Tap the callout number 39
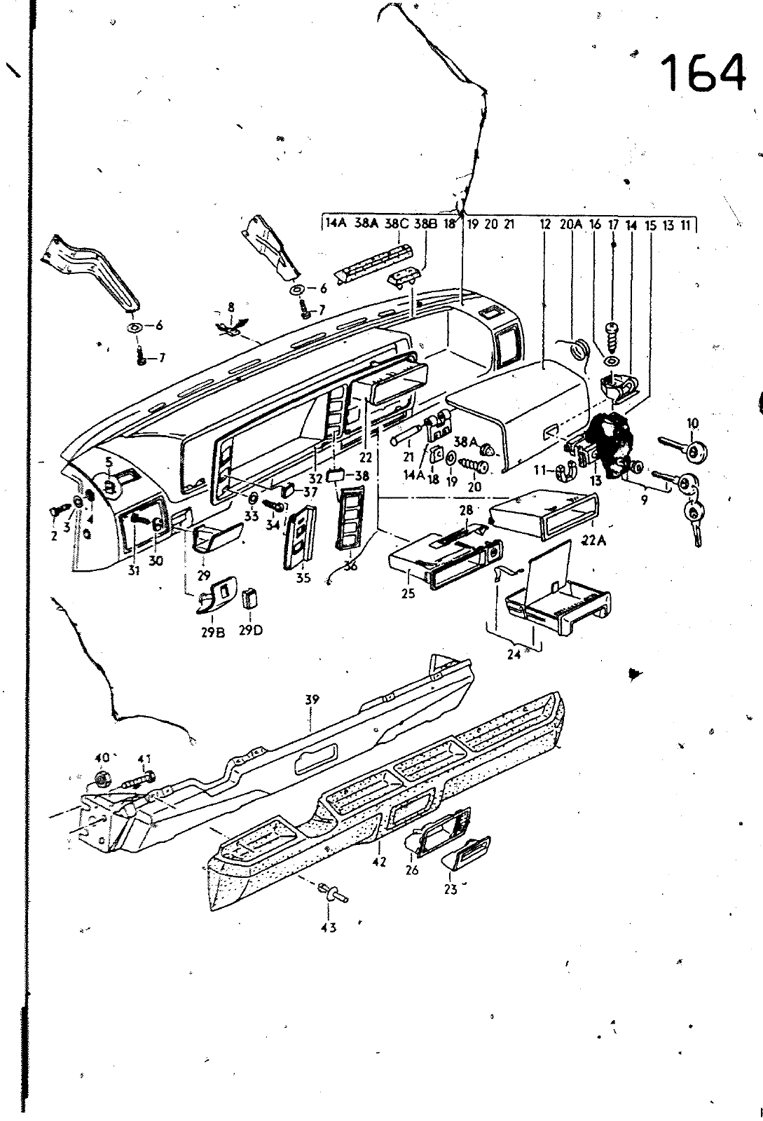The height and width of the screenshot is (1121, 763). click(312, 699)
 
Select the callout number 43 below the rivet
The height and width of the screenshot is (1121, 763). click(329, 928)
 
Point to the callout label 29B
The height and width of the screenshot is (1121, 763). click(212, 629)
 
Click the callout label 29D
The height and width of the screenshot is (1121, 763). click(250, 629)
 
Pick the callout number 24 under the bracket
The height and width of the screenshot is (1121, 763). click(514, 656)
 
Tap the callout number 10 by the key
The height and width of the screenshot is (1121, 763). click(693, 423)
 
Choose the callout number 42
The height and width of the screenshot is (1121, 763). click(379, 862)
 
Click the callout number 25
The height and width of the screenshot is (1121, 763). click(408, 593)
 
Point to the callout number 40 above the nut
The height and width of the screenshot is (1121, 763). click(102, 757)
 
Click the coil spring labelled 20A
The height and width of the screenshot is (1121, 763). click(579, 348)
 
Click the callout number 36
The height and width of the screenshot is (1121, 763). click(350, 566)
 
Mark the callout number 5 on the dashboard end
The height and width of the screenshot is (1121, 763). click(109, 462)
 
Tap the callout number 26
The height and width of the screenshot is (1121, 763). click(411, 871)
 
